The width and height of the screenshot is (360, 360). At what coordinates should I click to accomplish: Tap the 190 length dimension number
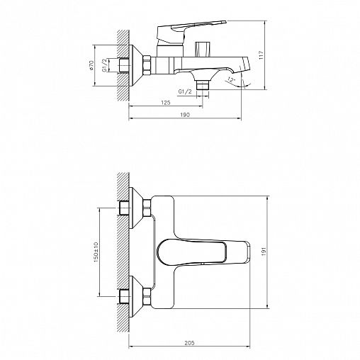(184, 114)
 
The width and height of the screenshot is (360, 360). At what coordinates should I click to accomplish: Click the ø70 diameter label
(93, 66)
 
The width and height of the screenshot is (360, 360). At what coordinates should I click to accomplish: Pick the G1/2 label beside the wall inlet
(105, 67)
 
